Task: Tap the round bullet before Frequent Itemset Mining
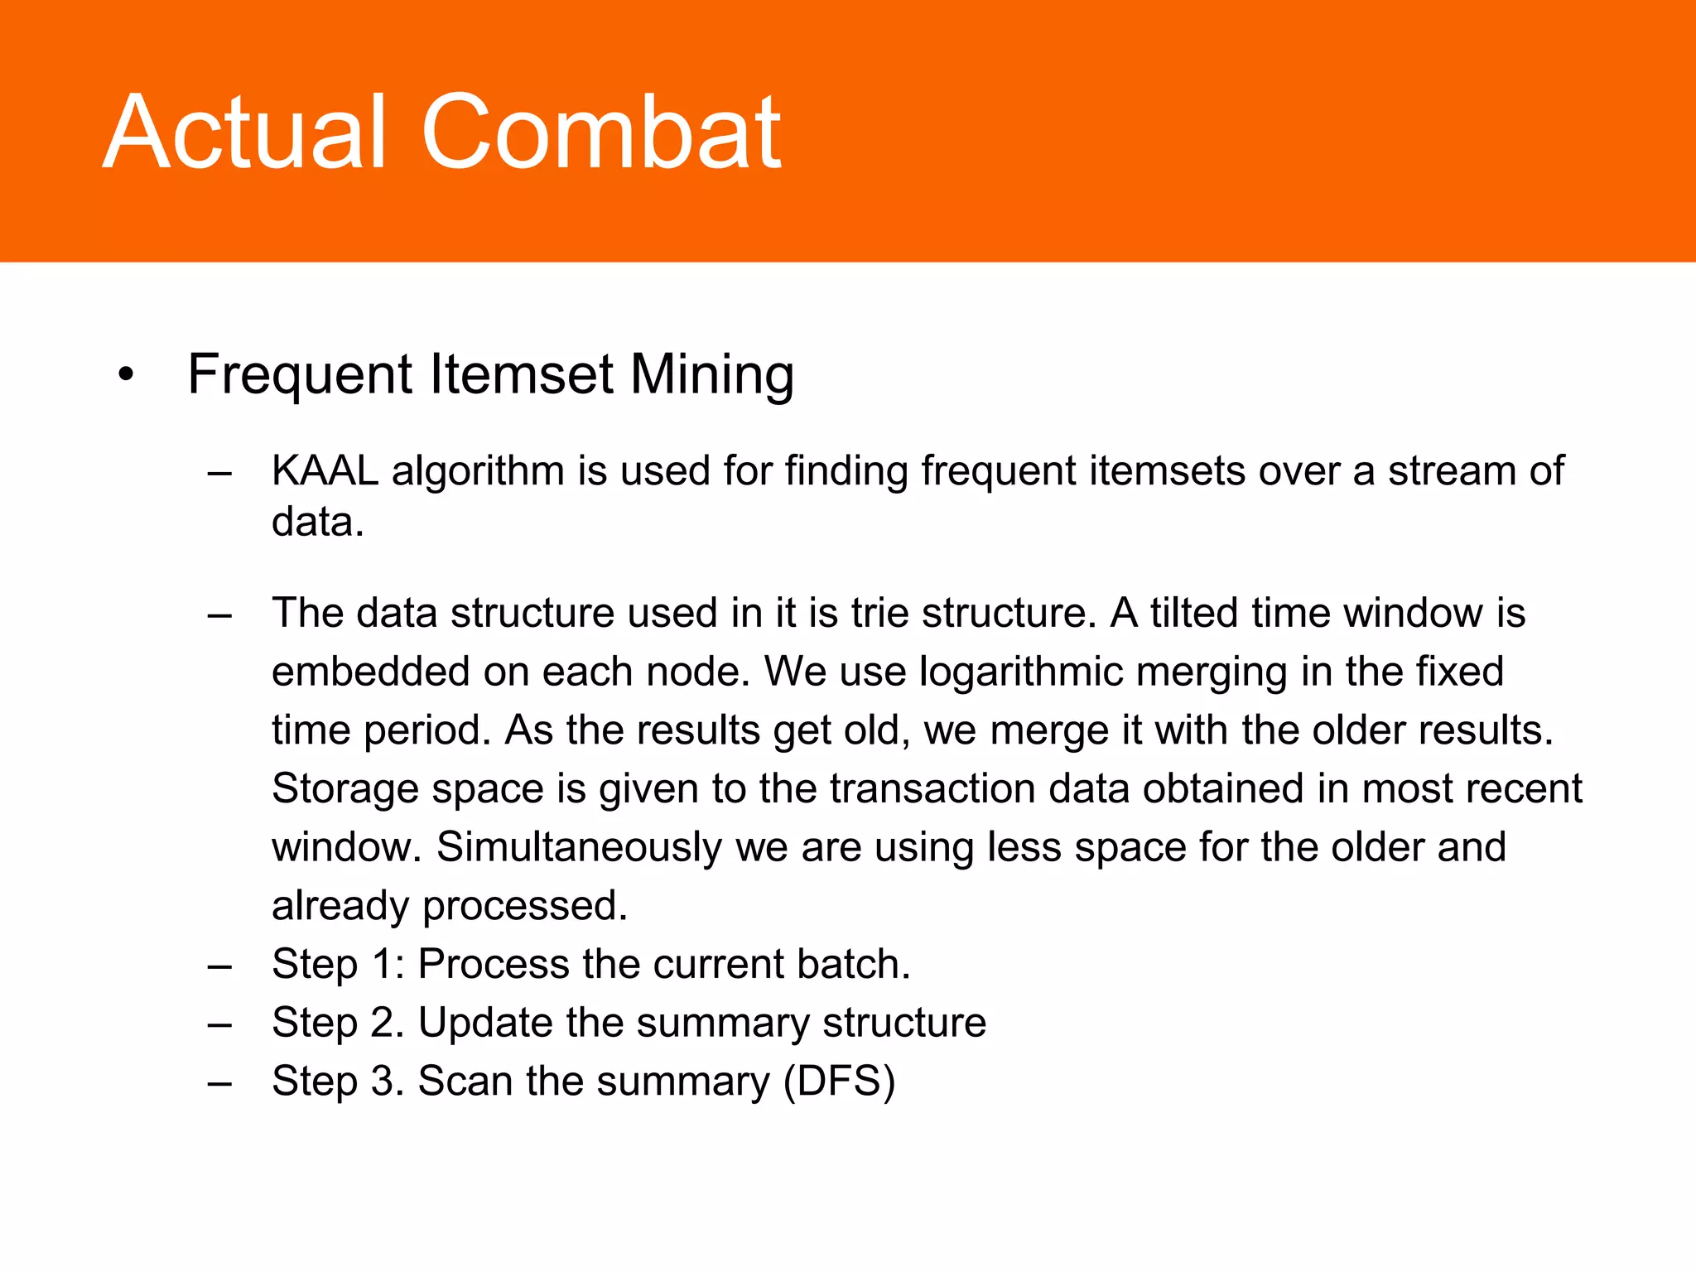pos(126,375)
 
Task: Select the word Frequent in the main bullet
pos(301,375)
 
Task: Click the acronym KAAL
pos(325,470)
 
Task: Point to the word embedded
pos(370,672)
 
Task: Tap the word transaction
pos(932,788)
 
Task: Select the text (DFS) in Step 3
pos(840,1082)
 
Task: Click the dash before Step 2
pos(219,1025)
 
